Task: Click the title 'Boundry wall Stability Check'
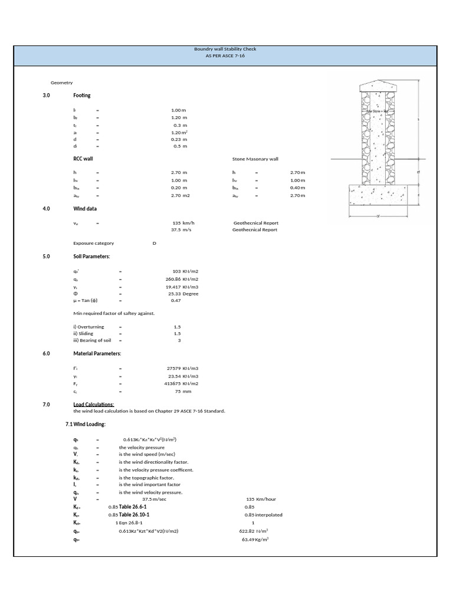click(x=225, y=49)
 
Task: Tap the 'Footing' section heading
click(x=82, y=95)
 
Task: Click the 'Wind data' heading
click(x=85, y=209)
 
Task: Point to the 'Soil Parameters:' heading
click(x=91, y=257)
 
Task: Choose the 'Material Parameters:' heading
click(x=97, y=353)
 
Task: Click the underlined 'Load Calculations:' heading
click(x=94, y=404)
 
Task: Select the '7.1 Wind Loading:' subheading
click(x=86, y=425)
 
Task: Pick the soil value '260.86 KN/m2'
click(x=182, y=279)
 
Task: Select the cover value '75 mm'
click(x=183, y=390)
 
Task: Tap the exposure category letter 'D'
click(x=154, y=244)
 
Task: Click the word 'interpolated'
click(x=269, y=515)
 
